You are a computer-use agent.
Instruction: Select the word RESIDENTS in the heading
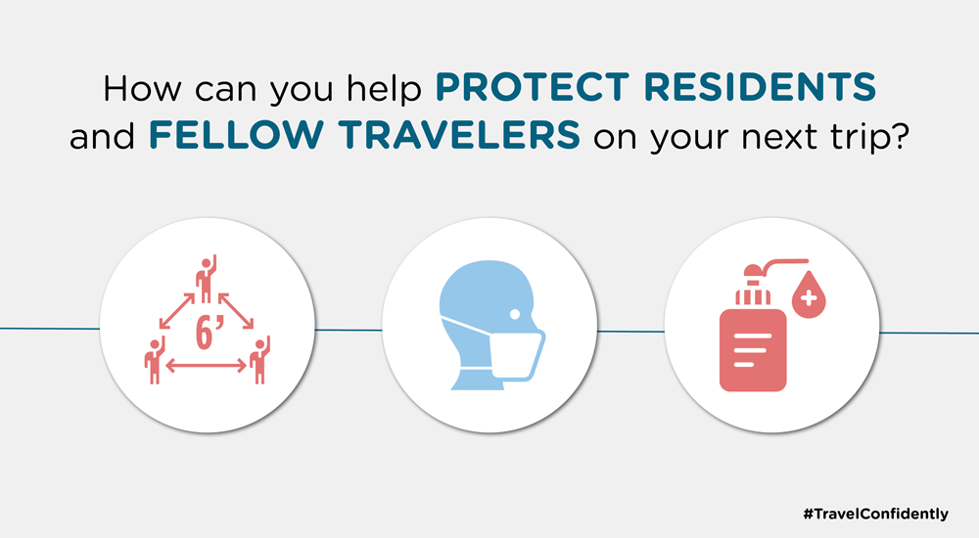coord(760,87)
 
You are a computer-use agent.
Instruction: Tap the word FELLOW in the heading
coord(236,135)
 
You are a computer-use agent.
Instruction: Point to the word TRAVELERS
coord(459,135)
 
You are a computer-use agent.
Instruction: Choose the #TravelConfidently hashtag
coord(875,515)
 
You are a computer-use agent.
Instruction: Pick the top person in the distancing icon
coord(206,279)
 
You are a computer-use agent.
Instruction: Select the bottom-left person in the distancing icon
coord(155,360)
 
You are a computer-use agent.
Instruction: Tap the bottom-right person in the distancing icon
coord(259,360)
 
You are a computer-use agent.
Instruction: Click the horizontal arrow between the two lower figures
coord(206,367)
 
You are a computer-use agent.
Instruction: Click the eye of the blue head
coord(515,314)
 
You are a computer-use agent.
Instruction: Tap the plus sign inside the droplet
coord(809,298)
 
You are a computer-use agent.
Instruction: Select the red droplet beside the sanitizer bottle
coord(809,294)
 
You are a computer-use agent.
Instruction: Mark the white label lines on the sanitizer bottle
coord(751,349)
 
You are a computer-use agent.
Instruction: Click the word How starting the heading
coord(142,88)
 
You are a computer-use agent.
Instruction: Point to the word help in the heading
coord(384,89)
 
